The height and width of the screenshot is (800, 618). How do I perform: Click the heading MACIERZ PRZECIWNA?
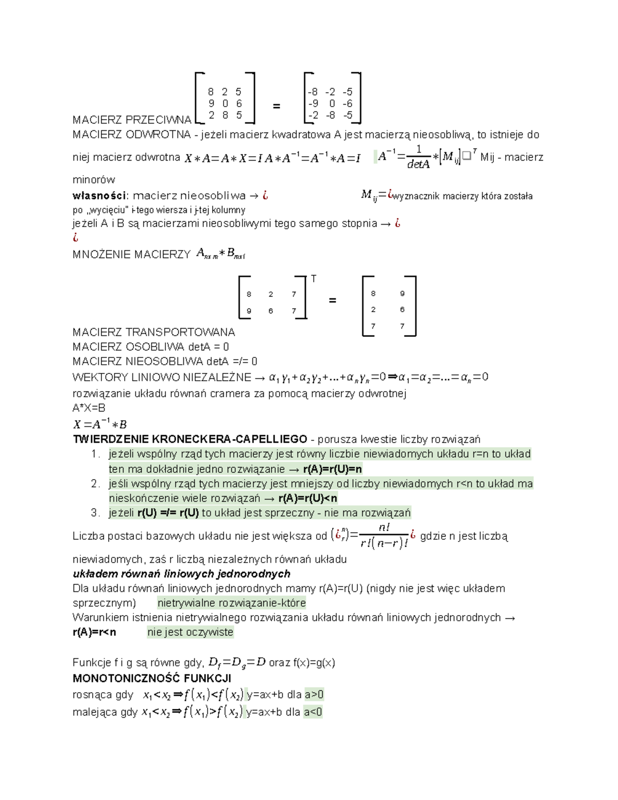click(x=132, y=120)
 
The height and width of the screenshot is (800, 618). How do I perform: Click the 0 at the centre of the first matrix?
click(x=225, y=104)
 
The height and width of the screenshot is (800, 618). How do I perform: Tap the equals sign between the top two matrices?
click(x=277, y=106)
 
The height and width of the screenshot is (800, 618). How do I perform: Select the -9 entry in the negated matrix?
click(x=313, y=104)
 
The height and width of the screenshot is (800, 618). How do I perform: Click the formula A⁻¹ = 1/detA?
click(x=405, y=157)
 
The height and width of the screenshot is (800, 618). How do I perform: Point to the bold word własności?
click(x=99, y=196)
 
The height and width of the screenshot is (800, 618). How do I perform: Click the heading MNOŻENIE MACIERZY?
click(x=131, y=254)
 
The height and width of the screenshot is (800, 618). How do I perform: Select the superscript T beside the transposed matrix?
click(x=314, y=279)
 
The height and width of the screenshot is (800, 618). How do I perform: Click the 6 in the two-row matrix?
click(x=271, y=311)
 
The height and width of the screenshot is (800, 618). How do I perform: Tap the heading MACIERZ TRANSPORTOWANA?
click(x=153, y=332)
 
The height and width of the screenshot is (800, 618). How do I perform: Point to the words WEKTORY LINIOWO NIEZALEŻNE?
click(x=162, y=378)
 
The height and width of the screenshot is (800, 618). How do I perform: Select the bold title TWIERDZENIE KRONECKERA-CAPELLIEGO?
click(x=190, y=439)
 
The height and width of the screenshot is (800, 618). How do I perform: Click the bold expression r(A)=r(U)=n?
click(x=333, y=469)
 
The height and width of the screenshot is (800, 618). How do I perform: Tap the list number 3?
click(x=95, y=513)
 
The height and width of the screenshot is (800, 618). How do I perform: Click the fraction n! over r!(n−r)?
click(x=384, y=536)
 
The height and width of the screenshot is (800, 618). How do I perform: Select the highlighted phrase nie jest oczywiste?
click(x=190, y=632)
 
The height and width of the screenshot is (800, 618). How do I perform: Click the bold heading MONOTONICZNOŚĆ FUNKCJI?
click(x=152, y=678)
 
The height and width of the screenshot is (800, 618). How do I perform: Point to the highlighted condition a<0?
click(x=313, y=712)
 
